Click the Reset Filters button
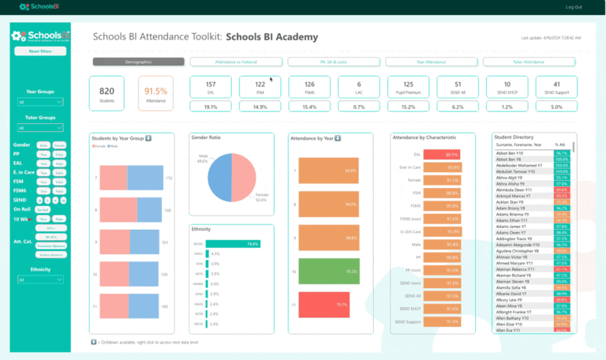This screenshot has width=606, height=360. click(x=39, y=51)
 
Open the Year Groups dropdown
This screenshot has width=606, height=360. click(x=39, y=102)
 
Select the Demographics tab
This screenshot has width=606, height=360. click(x=138, y=61)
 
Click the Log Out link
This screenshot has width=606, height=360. click(x=574, y=6)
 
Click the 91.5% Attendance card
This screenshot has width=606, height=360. click(x=155, y=93)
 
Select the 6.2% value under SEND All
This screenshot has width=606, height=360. click(x=458, y=107)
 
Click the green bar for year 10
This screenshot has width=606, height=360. click(x=327, y=270)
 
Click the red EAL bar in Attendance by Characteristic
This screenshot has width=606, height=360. click(x=442, y=155)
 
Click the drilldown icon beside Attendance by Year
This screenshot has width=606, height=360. click(x=339, y=138)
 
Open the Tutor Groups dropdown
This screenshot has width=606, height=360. click(x=39, y=128)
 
